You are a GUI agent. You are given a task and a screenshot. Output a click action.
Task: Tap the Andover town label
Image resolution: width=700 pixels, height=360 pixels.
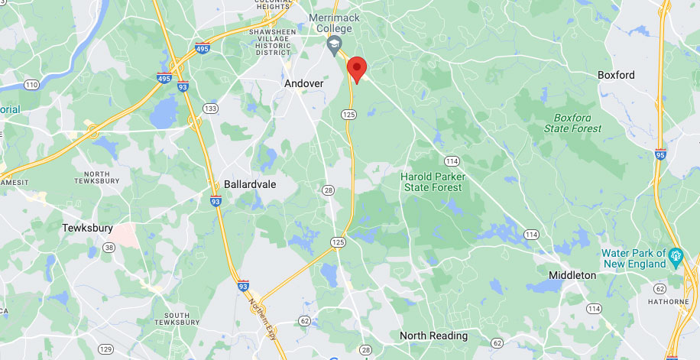pos(303,83)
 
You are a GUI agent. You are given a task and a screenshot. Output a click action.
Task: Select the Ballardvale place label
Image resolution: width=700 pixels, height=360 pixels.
pos(250,184)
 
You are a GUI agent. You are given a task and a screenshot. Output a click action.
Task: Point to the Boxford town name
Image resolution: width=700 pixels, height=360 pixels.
pos(616,75)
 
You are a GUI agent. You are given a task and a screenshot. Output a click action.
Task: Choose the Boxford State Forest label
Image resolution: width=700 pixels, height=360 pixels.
pos(573,123)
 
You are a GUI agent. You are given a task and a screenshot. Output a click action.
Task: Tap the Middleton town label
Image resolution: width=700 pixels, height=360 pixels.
pos(572,274)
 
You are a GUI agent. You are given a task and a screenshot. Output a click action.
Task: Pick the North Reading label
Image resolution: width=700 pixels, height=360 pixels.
pos(433,336)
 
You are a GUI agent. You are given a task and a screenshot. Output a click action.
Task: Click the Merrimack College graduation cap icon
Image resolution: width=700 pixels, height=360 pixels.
pos(334,47)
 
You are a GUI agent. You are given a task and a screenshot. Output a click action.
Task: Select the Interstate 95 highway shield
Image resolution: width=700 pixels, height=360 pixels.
pos(660,154)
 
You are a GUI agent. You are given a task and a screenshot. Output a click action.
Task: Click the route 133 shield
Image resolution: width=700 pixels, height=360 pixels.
pos(211,109)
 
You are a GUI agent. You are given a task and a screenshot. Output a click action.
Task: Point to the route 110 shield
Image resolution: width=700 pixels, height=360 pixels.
pos(31,83)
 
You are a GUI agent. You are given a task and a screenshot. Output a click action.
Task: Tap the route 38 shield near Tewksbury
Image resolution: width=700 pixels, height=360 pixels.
pos(110,247)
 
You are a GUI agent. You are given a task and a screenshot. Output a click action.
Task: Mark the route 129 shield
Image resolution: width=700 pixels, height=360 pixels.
pos(105,349)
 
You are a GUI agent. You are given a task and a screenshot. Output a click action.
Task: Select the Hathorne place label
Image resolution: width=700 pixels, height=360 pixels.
pos(672,302)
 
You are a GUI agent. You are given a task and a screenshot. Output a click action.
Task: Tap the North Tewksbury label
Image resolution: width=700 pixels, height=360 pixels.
pos(97,177)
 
